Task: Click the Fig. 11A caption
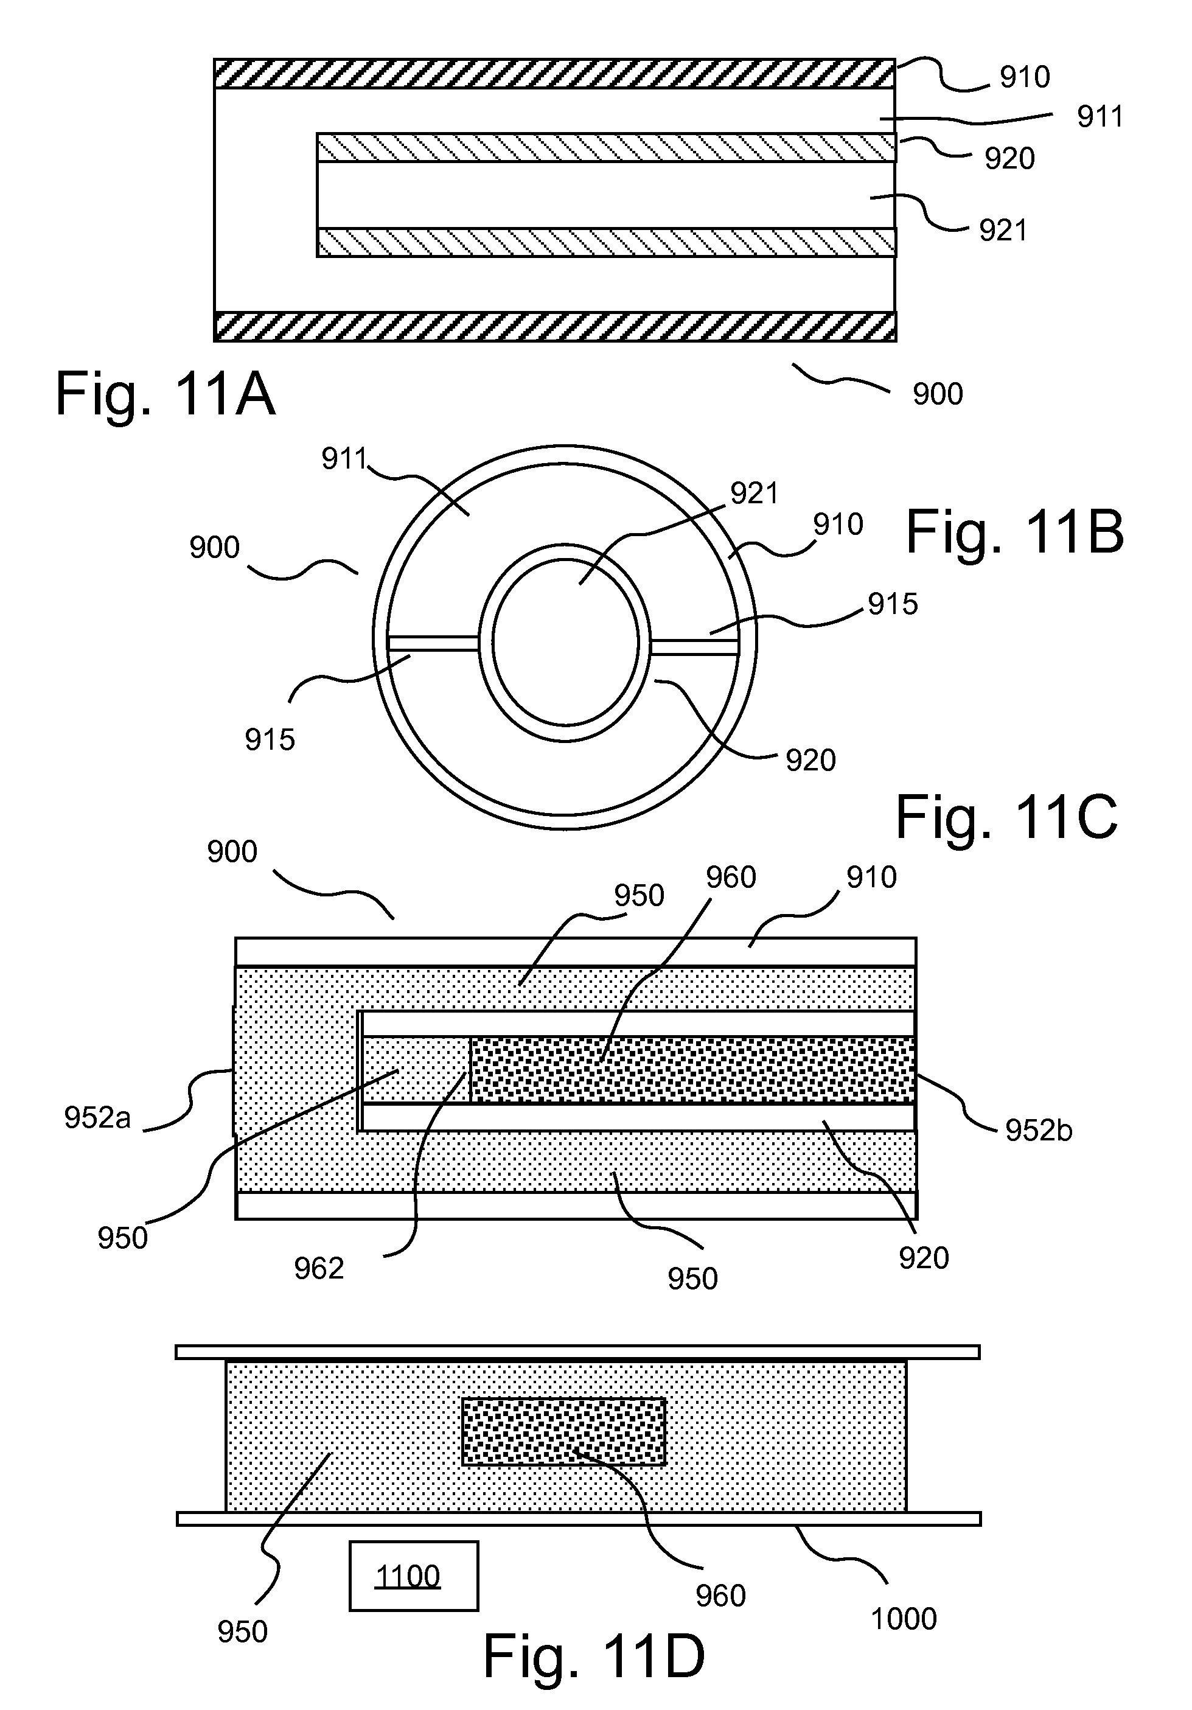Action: coord(166,395)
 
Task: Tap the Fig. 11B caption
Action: coord(1014,532)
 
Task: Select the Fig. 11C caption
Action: coord(1006,817)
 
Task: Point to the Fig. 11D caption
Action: coord(594,1656)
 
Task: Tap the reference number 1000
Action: coord(903,1619)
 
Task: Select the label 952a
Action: coord(97,1118)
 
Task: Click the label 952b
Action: coord(1039,1131)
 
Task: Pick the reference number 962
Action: coord(319,1268)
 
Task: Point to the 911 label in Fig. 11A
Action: coord(1100,117)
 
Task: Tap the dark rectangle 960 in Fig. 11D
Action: coord(563,1431)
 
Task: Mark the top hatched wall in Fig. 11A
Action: coord(555,74)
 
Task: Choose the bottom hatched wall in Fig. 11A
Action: coord(555,327)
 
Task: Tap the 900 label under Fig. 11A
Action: coord(938,394)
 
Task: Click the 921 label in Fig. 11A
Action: coord(1003,231)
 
